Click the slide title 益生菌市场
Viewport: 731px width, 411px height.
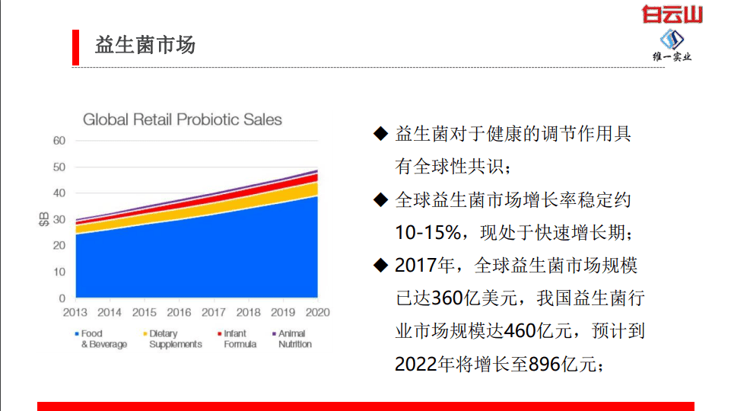145,45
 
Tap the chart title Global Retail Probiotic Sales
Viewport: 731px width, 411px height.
182,119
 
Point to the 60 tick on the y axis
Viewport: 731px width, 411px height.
59,141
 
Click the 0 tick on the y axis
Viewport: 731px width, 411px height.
62,298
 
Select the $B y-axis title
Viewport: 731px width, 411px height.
43,219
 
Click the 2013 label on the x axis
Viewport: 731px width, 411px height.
75,312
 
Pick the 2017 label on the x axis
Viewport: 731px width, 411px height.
214,312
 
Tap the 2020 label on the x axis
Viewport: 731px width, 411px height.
317,312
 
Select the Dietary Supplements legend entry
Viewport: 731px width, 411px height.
174,339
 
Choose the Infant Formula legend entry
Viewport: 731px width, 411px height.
238,339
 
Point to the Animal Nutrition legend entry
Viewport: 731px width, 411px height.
293,339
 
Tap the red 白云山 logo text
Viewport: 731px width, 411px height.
672,14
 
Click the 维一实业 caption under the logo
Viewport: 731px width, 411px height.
672,56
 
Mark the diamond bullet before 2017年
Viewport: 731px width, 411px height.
380,265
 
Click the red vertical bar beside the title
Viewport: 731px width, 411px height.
75,47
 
